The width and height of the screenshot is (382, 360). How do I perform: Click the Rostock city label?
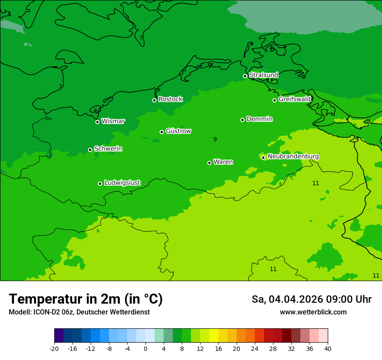(x=170, y=99)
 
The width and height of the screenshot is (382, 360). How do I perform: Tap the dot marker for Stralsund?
(x=245, y=76)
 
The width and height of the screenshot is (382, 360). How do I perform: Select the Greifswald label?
(x=294, y=99)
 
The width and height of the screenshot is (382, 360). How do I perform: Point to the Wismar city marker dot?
(x=98, y=122)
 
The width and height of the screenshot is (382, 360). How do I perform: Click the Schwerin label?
(x=108, y=149)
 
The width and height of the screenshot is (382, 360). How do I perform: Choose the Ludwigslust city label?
(x=122, y=183)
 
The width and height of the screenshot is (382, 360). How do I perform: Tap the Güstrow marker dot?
(x=161, y=132)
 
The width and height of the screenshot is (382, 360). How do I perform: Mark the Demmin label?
(x=259, y=119)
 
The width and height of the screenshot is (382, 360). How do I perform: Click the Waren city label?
(x=223, y=162)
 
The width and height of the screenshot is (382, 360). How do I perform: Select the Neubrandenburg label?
(x=293, y=157)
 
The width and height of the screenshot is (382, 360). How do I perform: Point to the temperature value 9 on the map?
(x=215, y=139)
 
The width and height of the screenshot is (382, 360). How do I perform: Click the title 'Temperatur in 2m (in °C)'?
(x=86, y=299)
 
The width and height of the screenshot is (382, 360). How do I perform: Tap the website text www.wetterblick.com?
(x=313, y=312)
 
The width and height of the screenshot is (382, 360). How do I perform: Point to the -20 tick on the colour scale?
(x=54, y=349)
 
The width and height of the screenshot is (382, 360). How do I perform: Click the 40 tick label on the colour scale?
(x=327, y=349)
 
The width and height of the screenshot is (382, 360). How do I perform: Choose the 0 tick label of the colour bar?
(x=145, y=349)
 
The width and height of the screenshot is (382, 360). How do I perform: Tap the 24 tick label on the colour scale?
(x=254, y=349)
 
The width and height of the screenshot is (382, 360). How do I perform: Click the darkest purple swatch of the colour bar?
(x=59, y=336)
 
